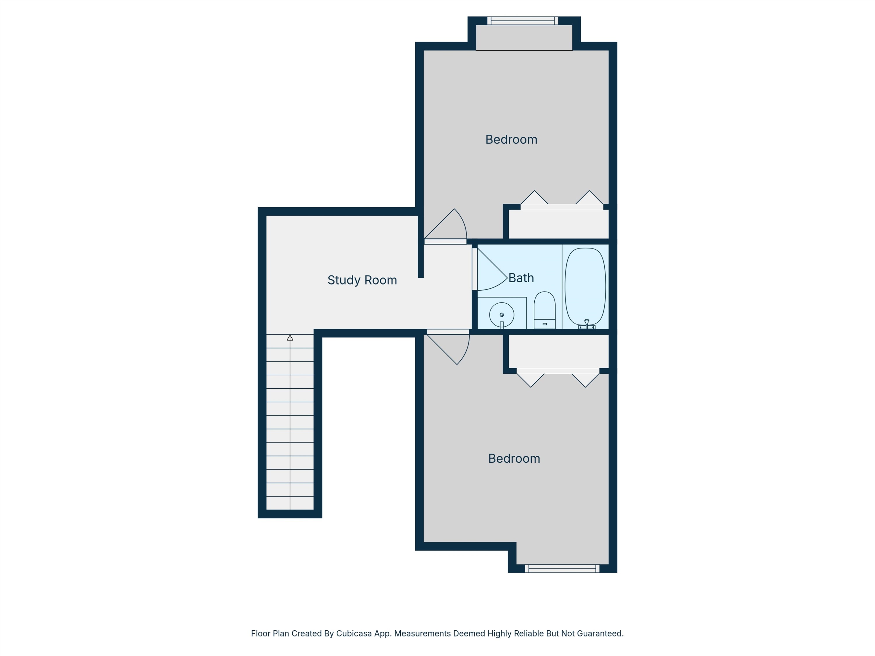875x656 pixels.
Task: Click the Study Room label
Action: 362,280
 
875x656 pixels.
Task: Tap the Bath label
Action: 521,278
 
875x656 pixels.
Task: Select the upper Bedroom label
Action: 511,140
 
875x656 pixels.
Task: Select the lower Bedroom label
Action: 514,458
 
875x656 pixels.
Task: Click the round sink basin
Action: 502,315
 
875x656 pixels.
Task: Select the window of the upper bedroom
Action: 523,21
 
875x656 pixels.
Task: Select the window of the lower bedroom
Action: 562,569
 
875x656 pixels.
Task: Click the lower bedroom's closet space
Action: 558,351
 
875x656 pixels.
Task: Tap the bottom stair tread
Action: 290,503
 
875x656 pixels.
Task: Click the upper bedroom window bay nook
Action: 524,38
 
